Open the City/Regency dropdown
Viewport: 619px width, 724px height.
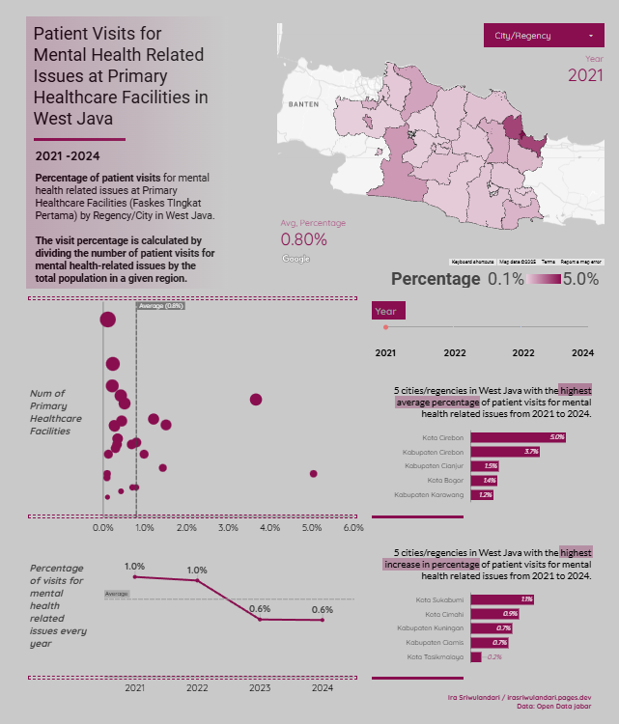(543, 36)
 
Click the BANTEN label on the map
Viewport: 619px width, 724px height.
(302, 103)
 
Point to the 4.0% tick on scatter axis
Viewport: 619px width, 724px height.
(269, 528)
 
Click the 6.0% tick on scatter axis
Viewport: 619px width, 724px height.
(352, 528)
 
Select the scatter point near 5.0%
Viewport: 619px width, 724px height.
(313, 473)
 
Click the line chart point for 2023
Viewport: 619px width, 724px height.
(260, 619)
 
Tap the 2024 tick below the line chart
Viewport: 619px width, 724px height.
(323, 688)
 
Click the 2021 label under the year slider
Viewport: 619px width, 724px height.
(384, 353)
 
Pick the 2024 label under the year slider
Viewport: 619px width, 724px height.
(582, 353)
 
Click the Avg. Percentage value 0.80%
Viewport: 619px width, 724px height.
(303, 238)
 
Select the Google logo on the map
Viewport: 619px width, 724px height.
(295, 259)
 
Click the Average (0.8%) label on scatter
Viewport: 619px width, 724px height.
(160, 306)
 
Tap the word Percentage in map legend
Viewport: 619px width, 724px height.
(435, 279)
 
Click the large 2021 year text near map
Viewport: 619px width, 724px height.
(585, 75)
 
